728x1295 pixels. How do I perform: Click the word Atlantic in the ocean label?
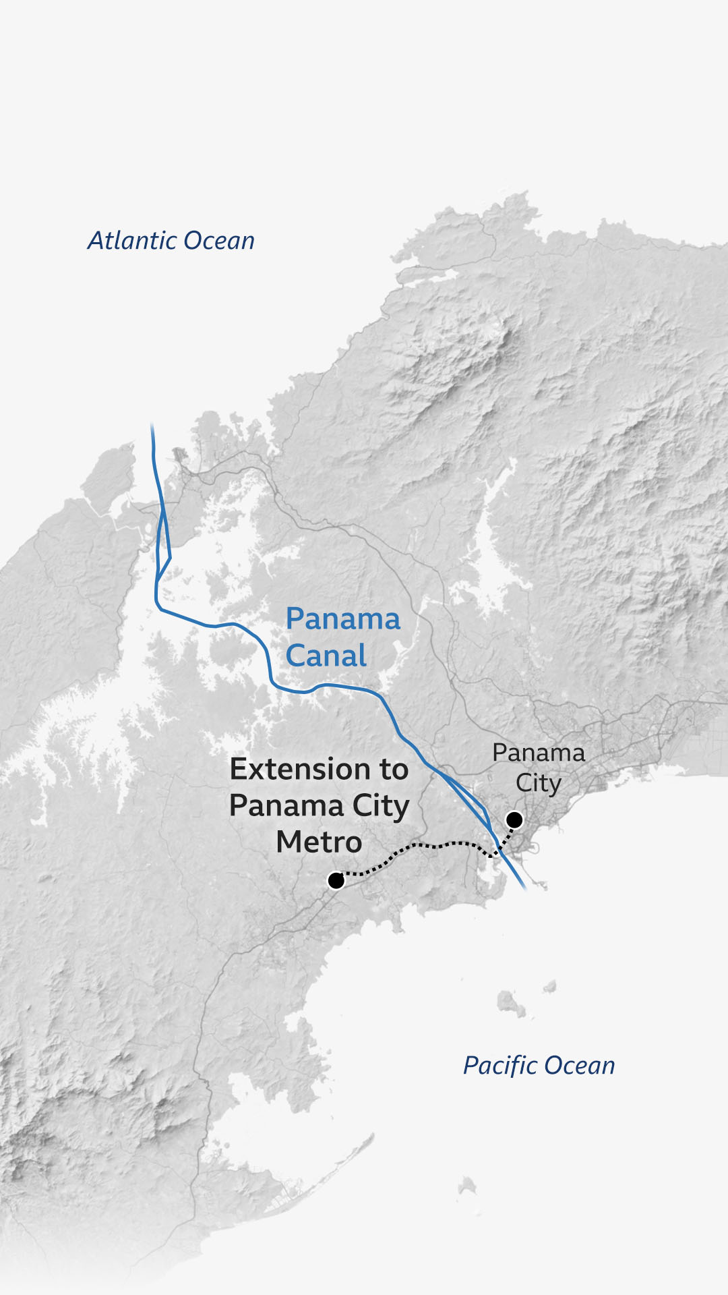pos(133,241)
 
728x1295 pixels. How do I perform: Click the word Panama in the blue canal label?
pos(342,618)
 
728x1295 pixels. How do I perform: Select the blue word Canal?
pos(326,656)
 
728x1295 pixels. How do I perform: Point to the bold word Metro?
pos(319,842)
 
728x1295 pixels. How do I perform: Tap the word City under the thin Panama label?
pos(538,783)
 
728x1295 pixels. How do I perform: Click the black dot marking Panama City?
pos(514,819)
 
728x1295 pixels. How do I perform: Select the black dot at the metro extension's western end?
pos(336,880)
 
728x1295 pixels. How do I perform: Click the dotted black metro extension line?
pos(418,846)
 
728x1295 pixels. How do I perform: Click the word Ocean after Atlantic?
pos(219,241)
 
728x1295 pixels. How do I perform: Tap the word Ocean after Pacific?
pos(580,1066)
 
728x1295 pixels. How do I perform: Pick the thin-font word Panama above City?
pos(538,752)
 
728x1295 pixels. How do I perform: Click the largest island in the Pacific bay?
pos(510,1003)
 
